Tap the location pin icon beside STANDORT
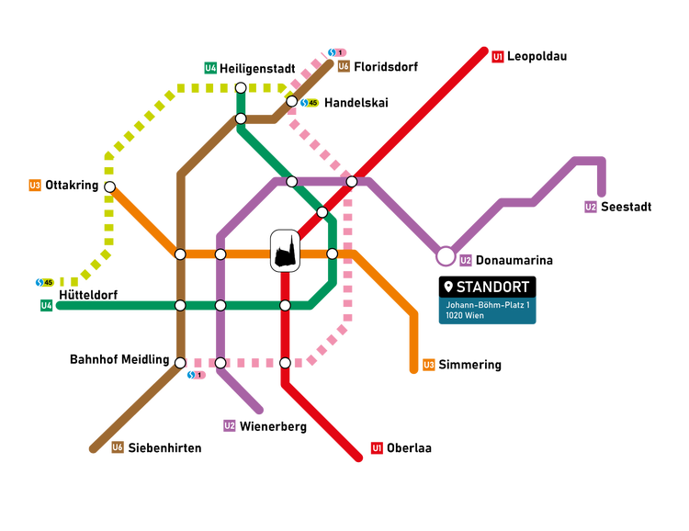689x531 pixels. coord(447,287)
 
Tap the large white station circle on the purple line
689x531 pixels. coord(446,255)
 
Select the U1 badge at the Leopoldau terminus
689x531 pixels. coord(498,57)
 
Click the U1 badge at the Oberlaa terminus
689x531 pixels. coord(377,448)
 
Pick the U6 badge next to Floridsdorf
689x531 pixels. coord(343,66)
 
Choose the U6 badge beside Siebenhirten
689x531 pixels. coord(118,448)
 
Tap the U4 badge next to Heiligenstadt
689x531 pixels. coord(210,68)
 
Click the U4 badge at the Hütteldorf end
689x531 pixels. coord(46,305)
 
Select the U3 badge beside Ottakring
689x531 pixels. coord(35,186)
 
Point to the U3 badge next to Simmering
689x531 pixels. coord(429,365)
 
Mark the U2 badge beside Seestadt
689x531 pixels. coord(591,207)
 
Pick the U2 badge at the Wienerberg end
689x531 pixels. coord(230,425)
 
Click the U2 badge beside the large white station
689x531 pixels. coord(466,260)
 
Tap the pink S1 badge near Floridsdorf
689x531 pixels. coord(337,52)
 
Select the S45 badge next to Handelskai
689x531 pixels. coord(309,103)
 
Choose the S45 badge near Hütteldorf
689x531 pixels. coord(44,282)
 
